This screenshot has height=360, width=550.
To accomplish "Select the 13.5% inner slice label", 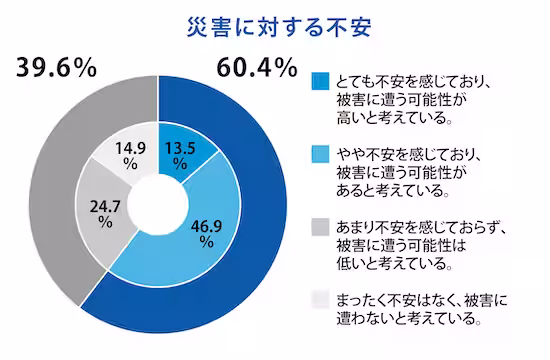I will click(181, 150).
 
